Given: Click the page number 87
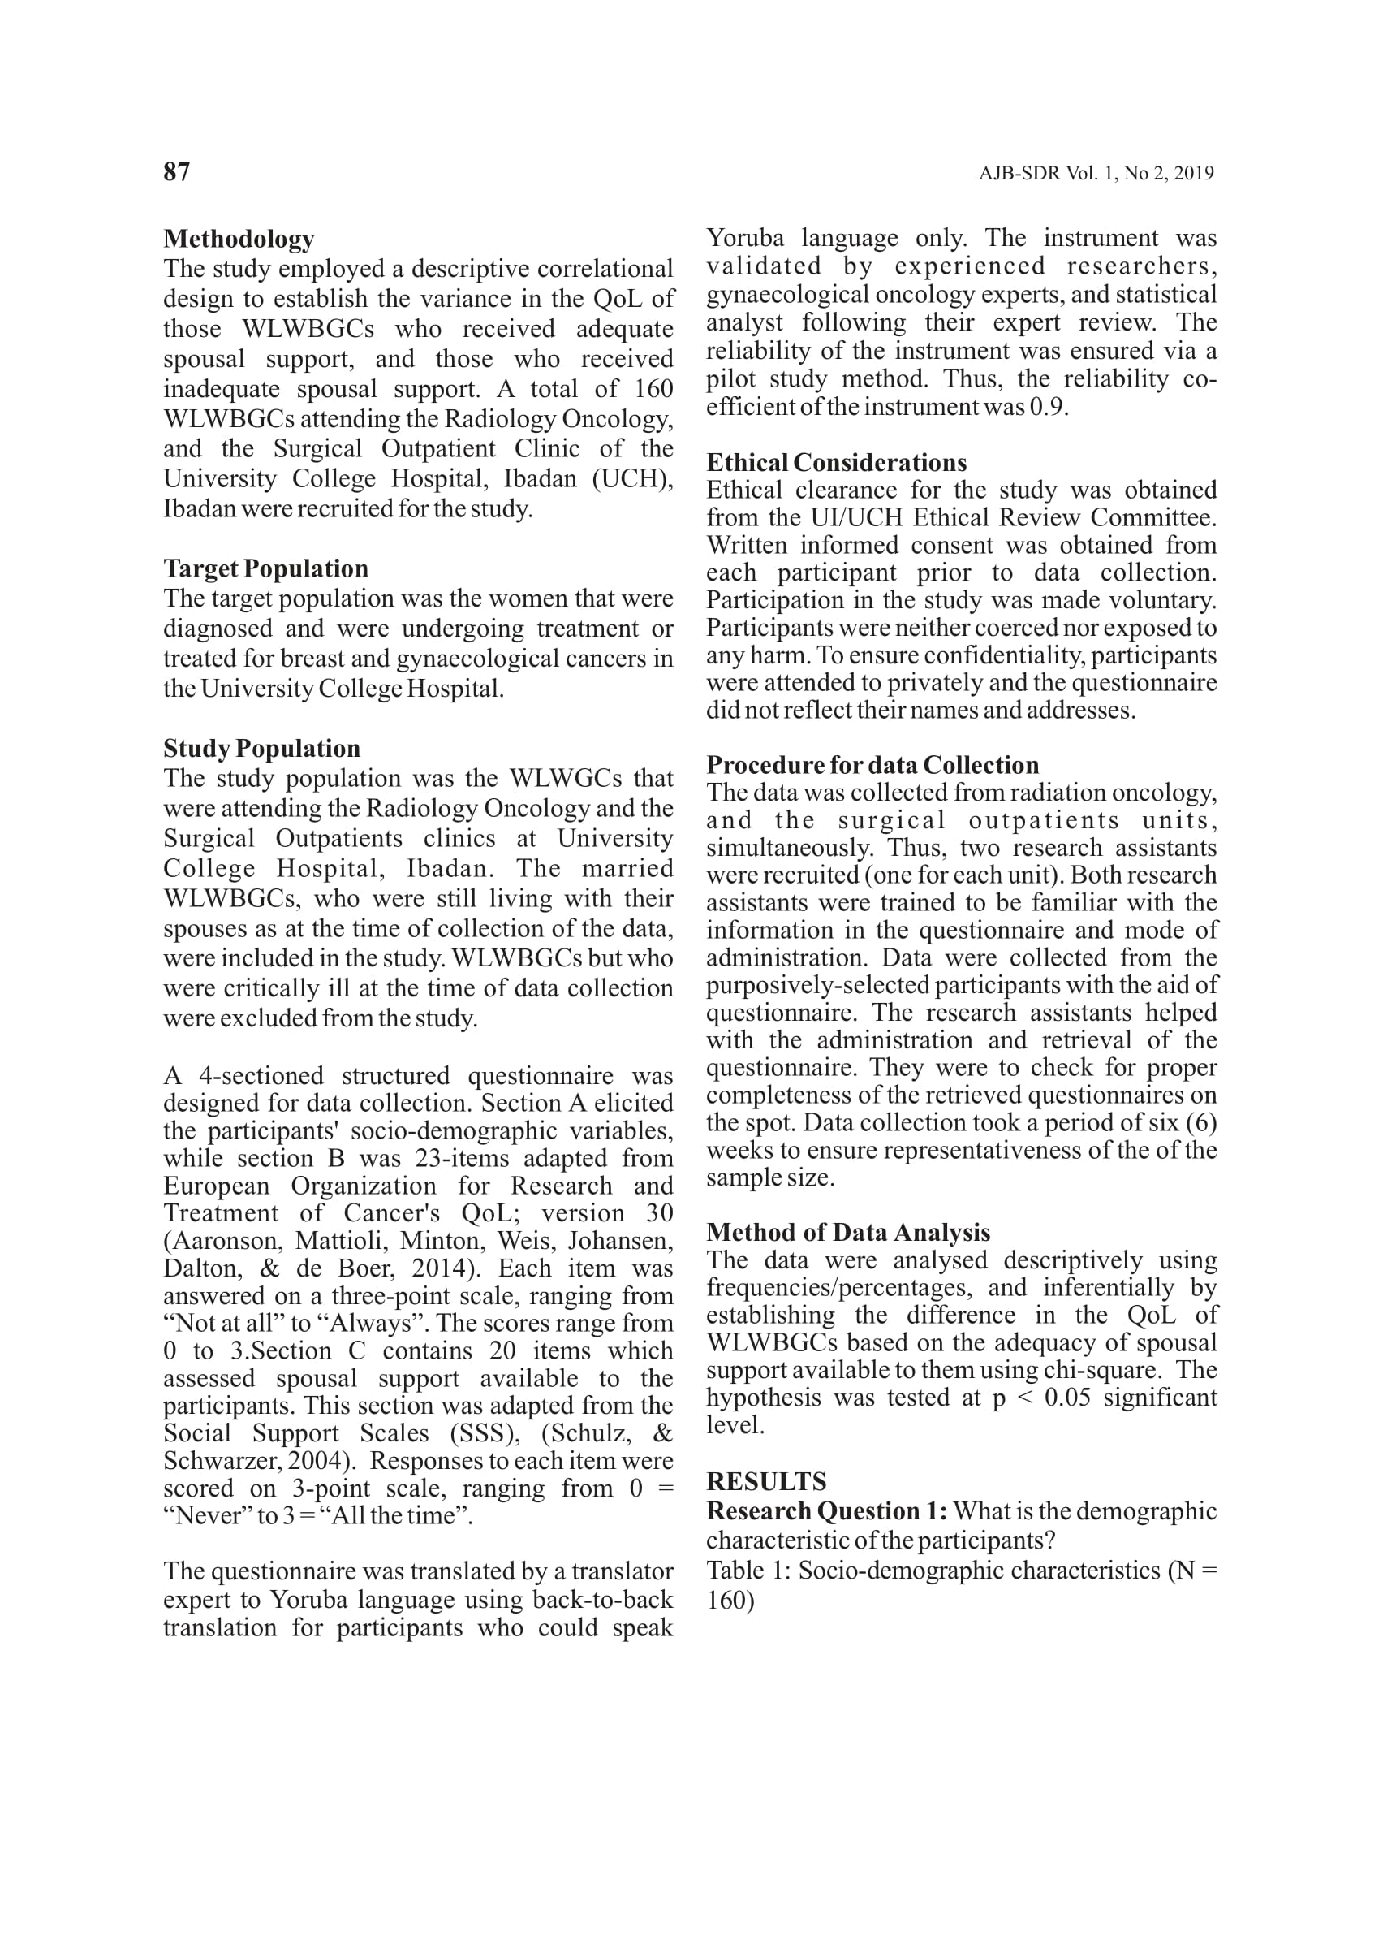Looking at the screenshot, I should pos(176,172).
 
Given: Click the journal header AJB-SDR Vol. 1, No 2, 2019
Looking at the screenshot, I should pos(1095,174).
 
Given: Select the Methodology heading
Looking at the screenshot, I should pos(239,239).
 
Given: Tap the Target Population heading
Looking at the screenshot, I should pos(265,568).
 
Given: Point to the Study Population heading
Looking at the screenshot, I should pos(261,748).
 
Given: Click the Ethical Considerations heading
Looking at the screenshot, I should pos(836,463).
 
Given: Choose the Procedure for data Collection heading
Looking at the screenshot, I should pos(872,764).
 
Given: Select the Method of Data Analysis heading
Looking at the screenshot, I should pos(848,1232).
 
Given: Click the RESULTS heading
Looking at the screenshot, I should pos(765,1480).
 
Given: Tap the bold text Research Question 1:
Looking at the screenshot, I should pos(826,1510).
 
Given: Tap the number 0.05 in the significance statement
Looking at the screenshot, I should pos(1067,1398).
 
